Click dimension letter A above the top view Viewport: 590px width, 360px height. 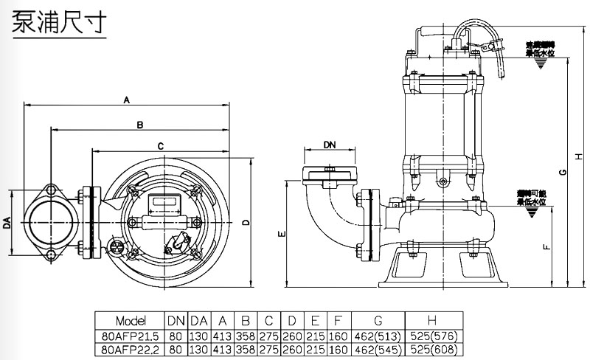click(x=126, y=98)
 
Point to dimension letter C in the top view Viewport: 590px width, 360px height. click(x=160, y=146)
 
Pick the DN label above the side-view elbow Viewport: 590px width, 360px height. click(x=330, y=147)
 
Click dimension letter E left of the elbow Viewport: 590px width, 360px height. click(x=281, y=234)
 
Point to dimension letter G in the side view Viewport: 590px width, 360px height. click(x=563, y=173)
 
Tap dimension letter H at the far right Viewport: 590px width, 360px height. click(x=579, y=156)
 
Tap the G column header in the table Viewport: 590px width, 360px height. click(x=378, y=321)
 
